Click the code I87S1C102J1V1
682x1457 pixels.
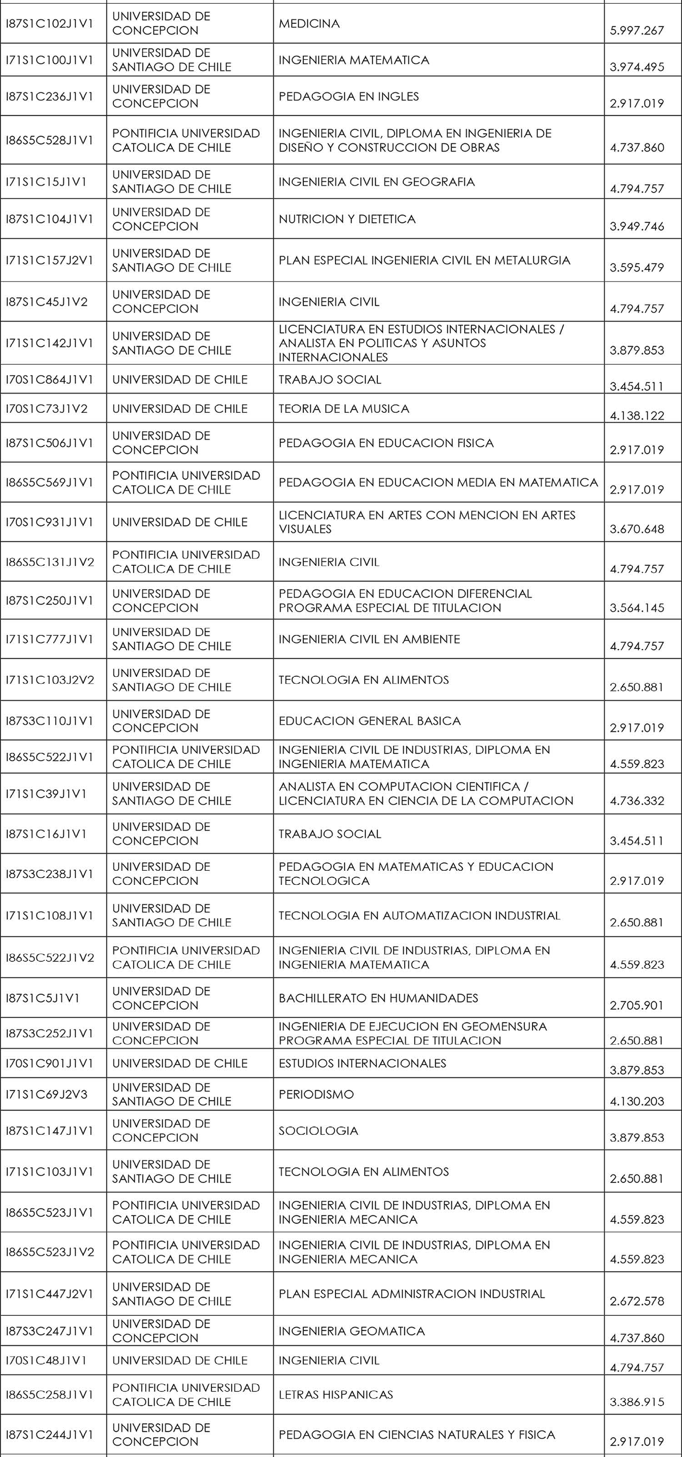click(x=49, y=24)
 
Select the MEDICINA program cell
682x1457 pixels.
click(x=309, y=24)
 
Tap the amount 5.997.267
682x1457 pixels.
click(x=637, y=30)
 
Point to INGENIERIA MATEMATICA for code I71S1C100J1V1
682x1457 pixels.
click(x=354, y=60)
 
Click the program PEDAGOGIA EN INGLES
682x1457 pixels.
click(x=349, y=96)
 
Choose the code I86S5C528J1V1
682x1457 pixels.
click(x=49, y=140)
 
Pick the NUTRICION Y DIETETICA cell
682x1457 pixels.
click(x=347, y=219)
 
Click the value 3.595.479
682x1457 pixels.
click(x=637, y=268)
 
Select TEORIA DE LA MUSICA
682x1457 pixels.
click(x=344, y=408)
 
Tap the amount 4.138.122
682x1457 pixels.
click(x=637, y=416)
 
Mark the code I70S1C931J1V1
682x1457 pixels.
click(x=49, y=522)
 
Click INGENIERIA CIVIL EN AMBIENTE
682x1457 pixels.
click(x=369, y=639)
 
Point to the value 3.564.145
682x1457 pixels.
click(x=637, y=608)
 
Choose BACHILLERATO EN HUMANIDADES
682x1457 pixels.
click(x=378, y=998)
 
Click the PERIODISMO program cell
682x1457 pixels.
click(x=316, y=1094)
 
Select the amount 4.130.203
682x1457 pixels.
click(x=637, y=1101)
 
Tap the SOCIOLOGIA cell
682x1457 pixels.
click(x=318, y=1131)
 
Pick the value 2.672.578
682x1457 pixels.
click(x=637, y=1301)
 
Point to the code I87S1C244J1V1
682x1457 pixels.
click(x=49, y=1434)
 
